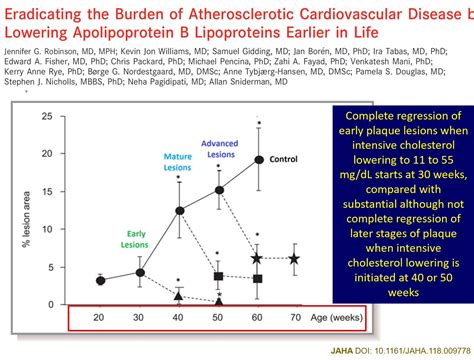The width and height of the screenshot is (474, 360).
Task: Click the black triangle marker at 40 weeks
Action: click(179, 296)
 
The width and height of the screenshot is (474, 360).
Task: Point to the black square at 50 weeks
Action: click(218, 276)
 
